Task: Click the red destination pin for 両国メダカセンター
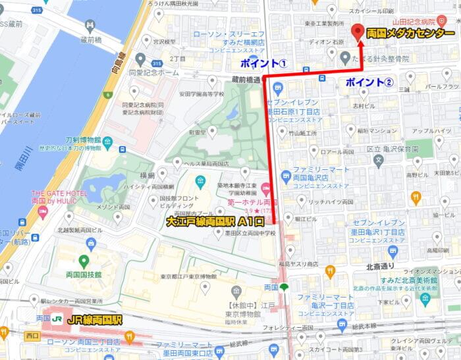[x=359, y=32]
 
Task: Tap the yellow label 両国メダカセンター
[x=410, y=34]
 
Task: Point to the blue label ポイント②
[x=369, y=82]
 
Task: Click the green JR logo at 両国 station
[x=57, y=320]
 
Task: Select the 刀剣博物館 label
[x=83, y=140]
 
